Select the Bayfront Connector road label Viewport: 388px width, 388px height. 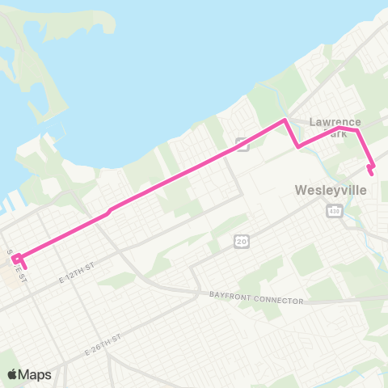256,299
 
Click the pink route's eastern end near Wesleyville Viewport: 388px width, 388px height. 371,170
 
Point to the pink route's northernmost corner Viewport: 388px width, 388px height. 285,120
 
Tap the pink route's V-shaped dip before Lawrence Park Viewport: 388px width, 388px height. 298,147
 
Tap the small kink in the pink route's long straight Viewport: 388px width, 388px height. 110,209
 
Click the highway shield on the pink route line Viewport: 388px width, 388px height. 241,144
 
